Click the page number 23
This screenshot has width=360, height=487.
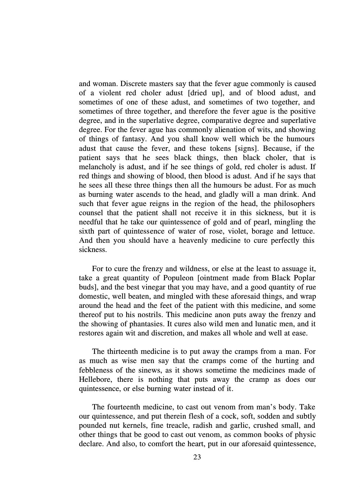[197, 457]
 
